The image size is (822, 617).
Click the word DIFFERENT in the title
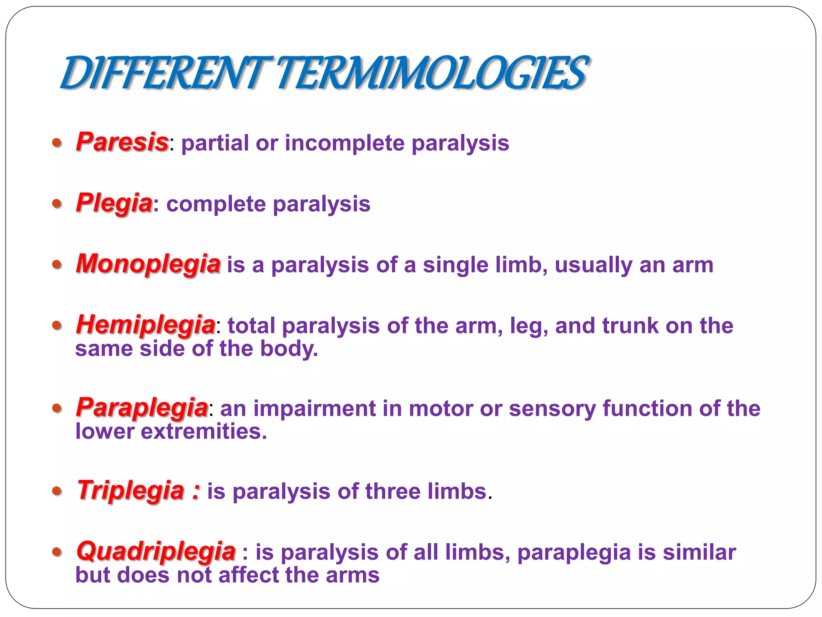[163, 74]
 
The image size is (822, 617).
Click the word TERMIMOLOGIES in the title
[431, 74]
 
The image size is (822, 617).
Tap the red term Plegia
[114, 203]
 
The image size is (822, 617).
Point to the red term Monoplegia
[148, 264]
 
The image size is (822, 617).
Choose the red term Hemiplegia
[145, 325]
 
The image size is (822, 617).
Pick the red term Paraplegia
[142, 407]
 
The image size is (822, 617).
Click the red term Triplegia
[130, 490]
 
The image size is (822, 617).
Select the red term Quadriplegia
[156, 551]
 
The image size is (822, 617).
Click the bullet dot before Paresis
[57, 143]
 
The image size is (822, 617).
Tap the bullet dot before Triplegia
[57, 491]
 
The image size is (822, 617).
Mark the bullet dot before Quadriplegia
[57, 552]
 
